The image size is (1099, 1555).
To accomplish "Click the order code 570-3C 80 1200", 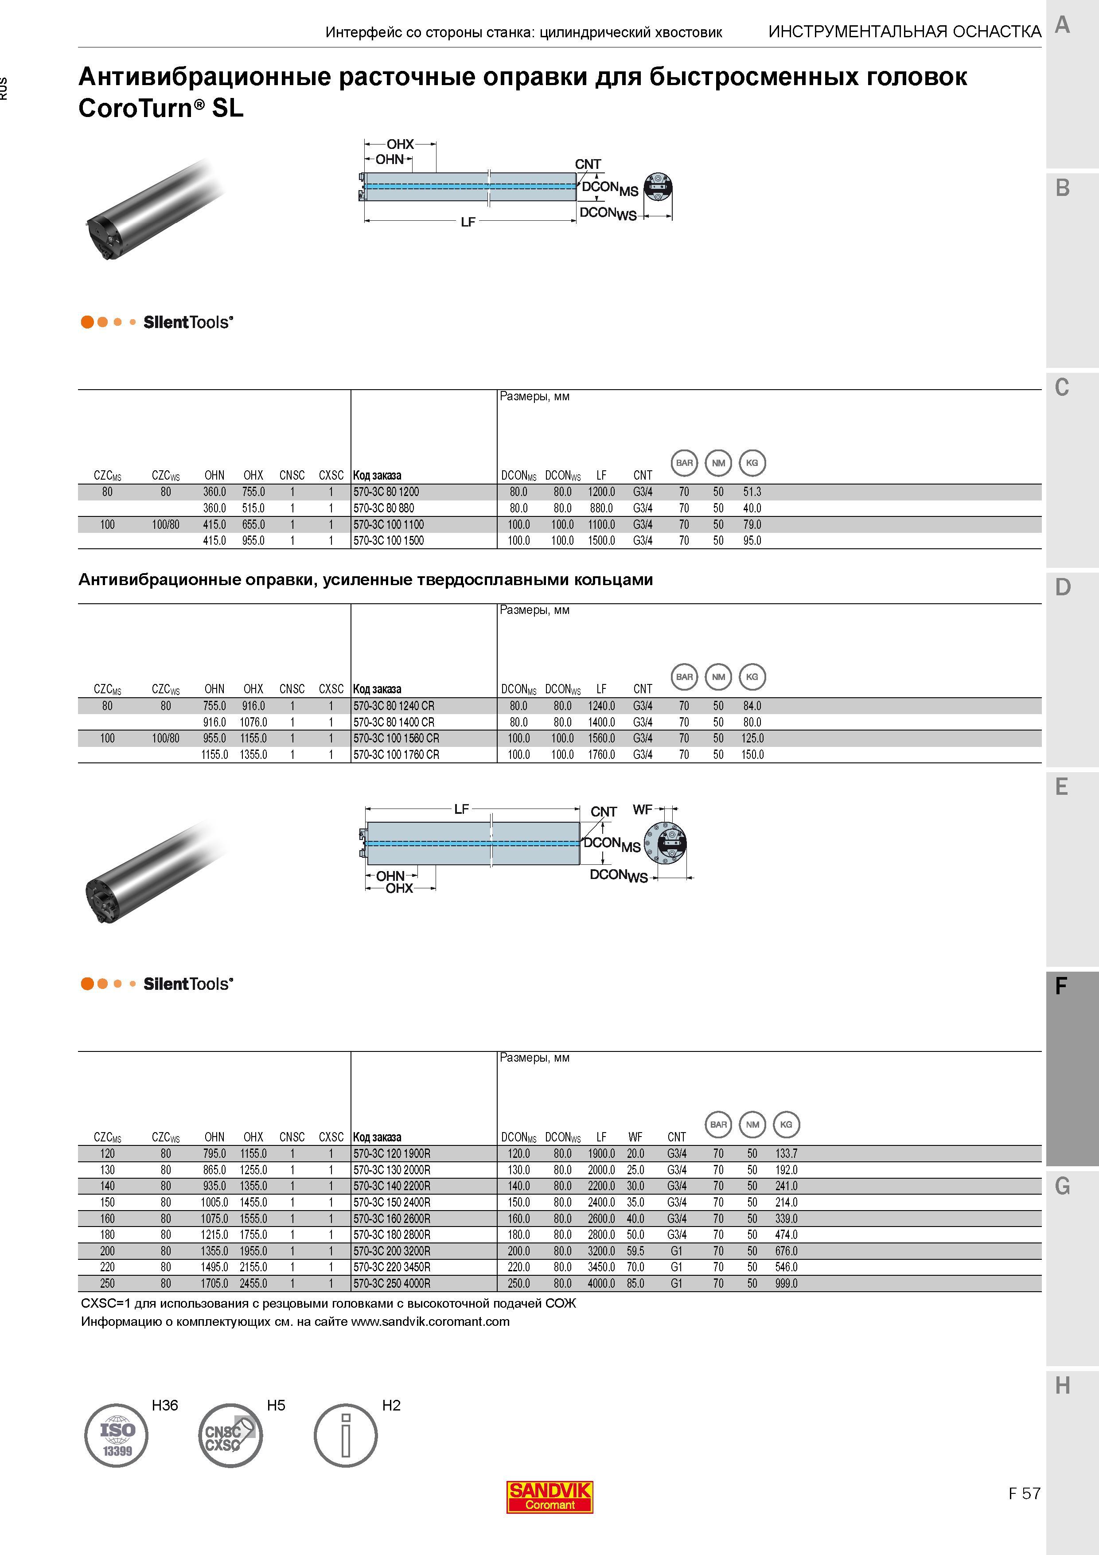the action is pos(386,492).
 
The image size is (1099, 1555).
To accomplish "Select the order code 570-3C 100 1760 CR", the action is pos(396,754).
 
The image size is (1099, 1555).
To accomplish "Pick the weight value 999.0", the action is pos(786,1283).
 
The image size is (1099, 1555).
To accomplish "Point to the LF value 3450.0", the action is pos(601,1267).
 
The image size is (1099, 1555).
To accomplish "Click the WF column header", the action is pos(635,1137).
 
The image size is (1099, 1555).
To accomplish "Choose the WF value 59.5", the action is pos(635,1251).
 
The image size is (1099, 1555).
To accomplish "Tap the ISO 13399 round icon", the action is pos(117,1435).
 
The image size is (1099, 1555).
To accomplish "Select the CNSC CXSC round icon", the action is pos(230,1435).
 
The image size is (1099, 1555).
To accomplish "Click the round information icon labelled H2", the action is pos(345,1435).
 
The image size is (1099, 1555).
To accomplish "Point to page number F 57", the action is pos(1024,1493).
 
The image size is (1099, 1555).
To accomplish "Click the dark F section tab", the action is pos(1072,1069).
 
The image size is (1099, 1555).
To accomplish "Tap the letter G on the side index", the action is pos(1062,1186).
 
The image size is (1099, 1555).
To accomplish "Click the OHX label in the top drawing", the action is pos(400,144).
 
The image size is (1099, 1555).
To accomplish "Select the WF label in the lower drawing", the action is pos(643,809).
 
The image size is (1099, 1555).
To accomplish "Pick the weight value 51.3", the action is pos(752,492).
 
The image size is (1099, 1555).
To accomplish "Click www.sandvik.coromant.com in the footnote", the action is pos(430,1321).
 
